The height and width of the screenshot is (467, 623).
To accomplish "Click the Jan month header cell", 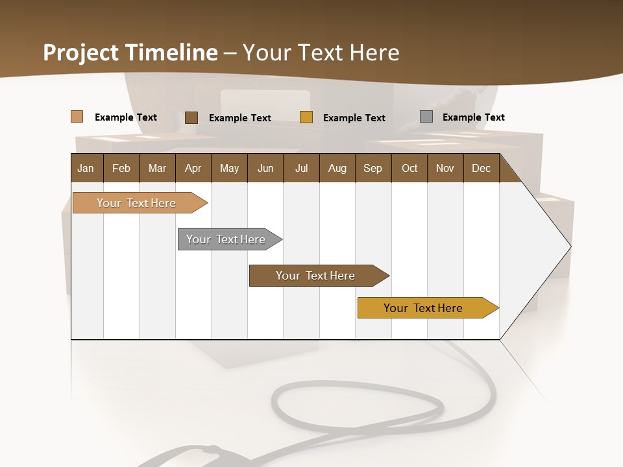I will [86, 168].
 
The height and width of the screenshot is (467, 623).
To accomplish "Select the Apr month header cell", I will [193, 168].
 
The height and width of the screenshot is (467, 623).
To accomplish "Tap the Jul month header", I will [301, 168].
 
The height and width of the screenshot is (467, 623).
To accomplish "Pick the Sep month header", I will [373, 168].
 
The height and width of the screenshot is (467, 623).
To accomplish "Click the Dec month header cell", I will [481, 168].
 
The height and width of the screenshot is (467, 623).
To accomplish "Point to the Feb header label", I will [121, 168].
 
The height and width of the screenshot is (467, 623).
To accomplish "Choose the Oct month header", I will [409, 168].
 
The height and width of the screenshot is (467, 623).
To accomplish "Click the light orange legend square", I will [77, 117].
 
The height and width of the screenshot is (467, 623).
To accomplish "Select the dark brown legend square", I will [191, 117].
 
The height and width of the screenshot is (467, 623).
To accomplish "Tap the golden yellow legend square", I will [306, 117].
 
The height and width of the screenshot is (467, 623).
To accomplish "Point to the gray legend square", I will [426, 117].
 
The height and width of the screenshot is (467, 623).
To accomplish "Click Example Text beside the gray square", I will [473, 117].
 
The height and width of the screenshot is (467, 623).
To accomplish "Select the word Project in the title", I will [81, 53].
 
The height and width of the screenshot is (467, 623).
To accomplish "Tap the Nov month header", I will [445, 168].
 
